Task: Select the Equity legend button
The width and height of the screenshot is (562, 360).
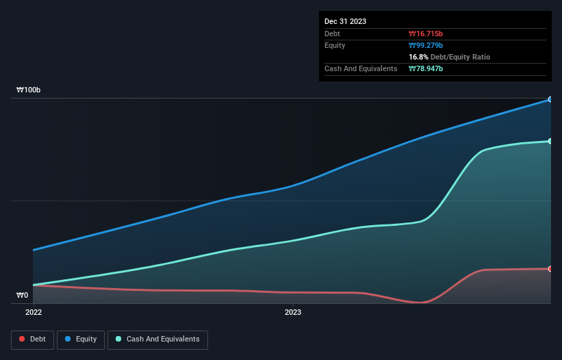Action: [x=81, y=339]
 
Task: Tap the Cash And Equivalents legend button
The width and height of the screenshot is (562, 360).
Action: [x=157, y=339]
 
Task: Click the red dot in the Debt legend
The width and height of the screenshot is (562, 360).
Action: [x=23, y=339]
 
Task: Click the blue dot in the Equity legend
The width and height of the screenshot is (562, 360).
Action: [x=69, y=339]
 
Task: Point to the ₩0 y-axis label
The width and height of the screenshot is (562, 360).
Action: [x=22, y=295]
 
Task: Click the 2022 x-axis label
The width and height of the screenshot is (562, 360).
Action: [x=34, y=312]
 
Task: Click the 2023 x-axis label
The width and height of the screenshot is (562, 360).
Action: [x=293, y=312]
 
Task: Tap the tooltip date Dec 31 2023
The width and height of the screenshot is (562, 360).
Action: [x=345, y=21]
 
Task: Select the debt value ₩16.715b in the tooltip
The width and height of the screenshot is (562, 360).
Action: [x=426, y=34]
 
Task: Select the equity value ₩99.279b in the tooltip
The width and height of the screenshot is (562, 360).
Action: [x=426, y=45]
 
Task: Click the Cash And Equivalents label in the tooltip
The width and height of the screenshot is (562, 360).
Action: [x=361, y=68]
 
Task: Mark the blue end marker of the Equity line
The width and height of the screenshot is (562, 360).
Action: [x=550, y=99]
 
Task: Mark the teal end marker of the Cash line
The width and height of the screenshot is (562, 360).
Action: [x=550, y=141]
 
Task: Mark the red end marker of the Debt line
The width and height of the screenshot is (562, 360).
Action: [x=550, y=268]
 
